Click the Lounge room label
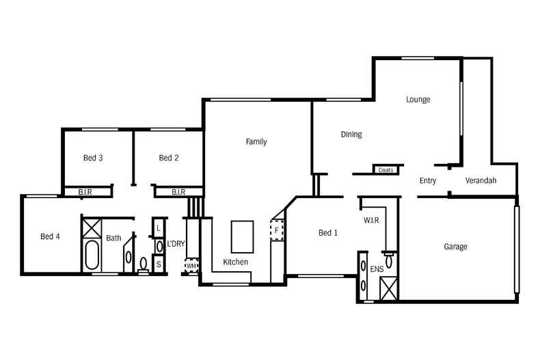pyautogui.click(x=418, y=100)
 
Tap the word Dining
pyautogui.click(x=351, y=135)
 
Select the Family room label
pyautogui.click(x=256, y=142)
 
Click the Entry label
pyautogui.click(x=428, y=181)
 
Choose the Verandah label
pyautogui.click(x=481, y=181)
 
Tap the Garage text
pyautogui.click(x=455, y=247)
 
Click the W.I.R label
pyautogui.click(x=371, y=221)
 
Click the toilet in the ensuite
pyautogui.click(x=388, y=260)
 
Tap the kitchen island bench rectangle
pyautogui.click(x=242, y=236)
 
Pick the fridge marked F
pyautogui.click(x=277, y=230)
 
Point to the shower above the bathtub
pyautogui.click(x=91, y=225)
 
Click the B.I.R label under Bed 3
pyautogui.click(x=85, y=193)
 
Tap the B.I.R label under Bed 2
pyautogui.click(x=179, y=193)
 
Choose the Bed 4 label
pyautogui.click(x=50, y=236)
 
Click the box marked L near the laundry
pyautogui.click(x=159, y=227)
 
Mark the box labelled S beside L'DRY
pyautogui.click(x=159, y=264)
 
